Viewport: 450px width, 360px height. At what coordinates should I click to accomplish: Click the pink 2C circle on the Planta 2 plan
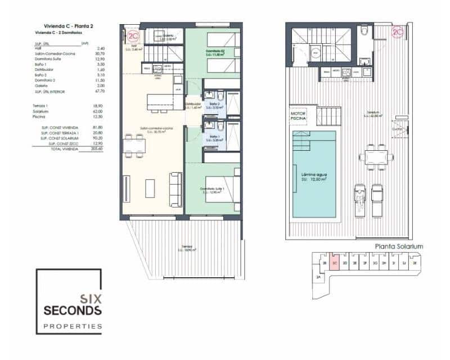[x=133, y=37]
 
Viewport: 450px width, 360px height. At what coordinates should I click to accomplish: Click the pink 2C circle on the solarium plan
[x=398, y=33]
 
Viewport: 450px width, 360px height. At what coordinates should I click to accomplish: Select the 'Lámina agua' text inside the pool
[x=313, y=175]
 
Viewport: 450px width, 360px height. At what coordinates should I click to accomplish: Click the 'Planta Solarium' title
[x=399, y=246]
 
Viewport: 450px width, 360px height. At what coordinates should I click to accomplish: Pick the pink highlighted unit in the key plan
[x=335, y=262]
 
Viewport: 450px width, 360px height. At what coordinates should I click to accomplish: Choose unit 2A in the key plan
[x=318, y=278]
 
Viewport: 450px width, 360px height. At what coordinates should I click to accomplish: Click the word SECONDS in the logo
[x=73, y=310]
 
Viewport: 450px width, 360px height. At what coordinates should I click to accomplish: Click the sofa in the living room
[x=175, y=190]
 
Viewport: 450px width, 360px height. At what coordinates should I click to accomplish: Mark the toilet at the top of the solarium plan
[x=364, y=30]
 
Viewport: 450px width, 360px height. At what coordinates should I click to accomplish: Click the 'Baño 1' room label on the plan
[x=214, y=137]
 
